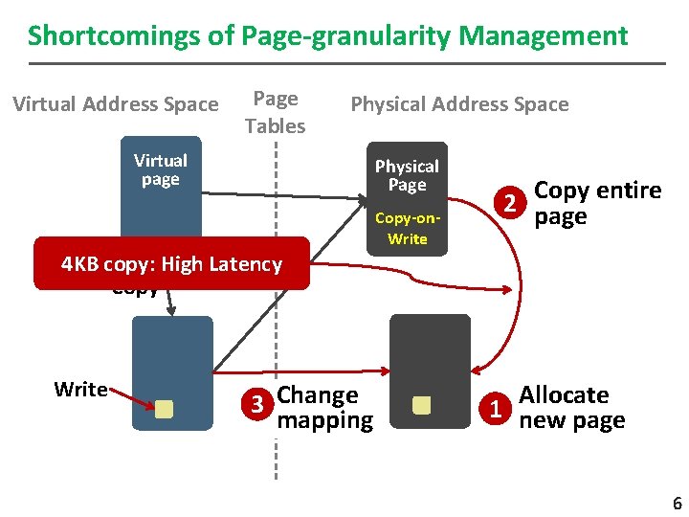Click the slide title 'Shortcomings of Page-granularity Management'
[x=327, y=36]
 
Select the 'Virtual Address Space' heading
[x=116, y=104]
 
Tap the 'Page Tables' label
[x=275, y=112]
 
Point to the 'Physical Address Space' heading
[x=459, y=104]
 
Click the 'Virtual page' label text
[x=161, y=169]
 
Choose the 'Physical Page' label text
[x=407, y=175]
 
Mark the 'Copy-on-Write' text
[x=407, y=228]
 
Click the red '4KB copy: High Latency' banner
[x=172, y=263]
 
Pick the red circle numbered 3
[x=256, y=406]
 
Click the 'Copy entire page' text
[x=597, y=203]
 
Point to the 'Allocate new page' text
[x=571, y=408]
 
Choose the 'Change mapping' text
[x=324, y=408]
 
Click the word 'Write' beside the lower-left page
[x=80, y=390]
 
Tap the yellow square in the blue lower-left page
[x=164, y=409]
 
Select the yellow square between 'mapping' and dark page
[x=421, y=406]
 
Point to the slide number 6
[x=677, y=504]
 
